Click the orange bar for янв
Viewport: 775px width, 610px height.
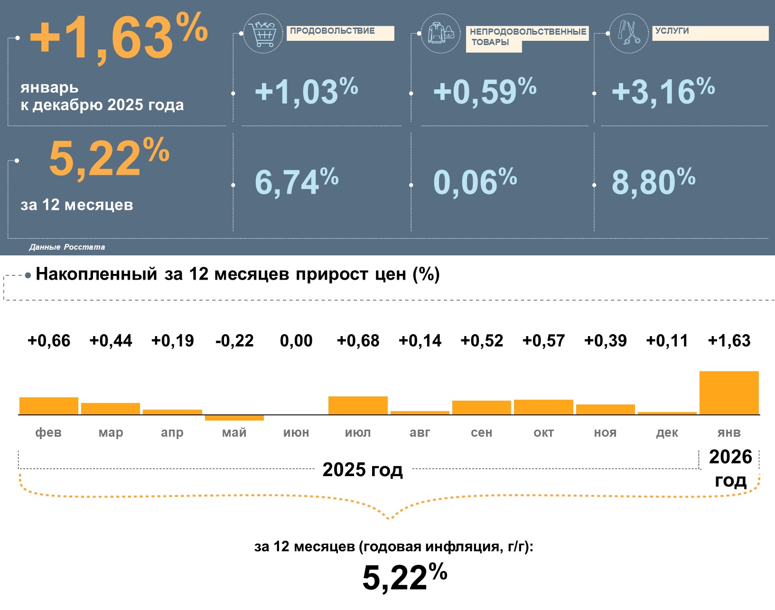point(729,393)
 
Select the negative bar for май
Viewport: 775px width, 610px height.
point(234,418)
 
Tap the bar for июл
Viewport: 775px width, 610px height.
point(358,405)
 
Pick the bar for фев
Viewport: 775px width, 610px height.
point(49,406)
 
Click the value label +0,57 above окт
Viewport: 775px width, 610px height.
point(543,340)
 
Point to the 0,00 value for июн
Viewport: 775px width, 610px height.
point(296,340)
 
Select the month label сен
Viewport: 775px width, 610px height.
point(482,432)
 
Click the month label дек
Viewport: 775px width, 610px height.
point(667,432)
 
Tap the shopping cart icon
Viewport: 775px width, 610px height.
point(263,33)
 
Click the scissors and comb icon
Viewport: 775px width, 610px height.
point(629,33)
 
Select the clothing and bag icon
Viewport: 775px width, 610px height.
point(441,33)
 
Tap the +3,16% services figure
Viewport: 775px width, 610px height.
point(663,91)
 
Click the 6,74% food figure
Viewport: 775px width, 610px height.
point(297,182)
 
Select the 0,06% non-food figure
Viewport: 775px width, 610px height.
point(475,182)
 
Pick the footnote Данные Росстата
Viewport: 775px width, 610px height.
point(67,247)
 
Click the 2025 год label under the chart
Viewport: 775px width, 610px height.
point(363,469)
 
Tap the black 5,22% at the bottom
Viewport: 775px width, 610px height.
point(404,577)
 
